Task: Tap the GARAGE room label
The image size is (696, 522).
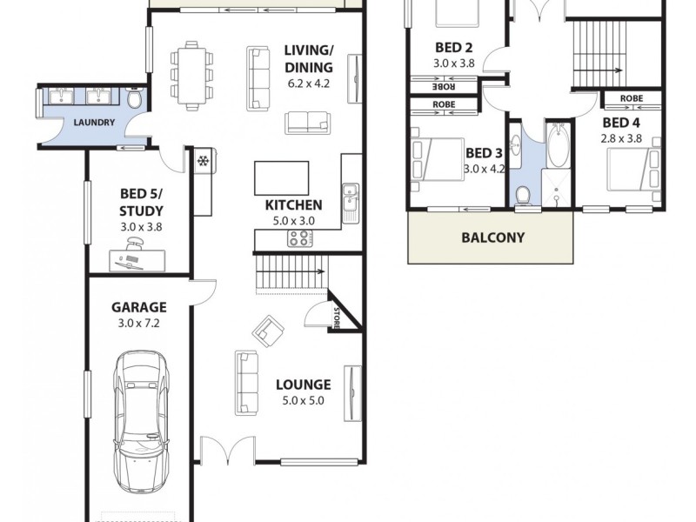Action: click(139, 307)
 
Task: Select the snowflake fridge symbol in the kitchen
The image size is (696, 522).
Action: click(202, 162)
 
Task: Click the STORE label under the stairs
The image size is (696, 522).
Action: click(336, 318)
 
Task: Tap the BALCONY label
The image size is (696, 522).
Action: click(492, 237)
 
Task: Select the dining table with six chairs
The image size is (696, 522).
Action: click(191, 74)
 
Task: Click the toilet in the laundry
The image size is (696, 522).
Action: click(134, 100)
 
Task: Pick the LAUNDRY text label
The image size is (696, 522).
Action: click(94, 123)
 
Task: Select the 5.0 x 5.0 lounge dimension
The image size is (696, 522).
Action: click(303, 401)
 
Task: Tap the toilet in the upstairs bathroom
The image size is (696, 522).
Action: click(522, 196)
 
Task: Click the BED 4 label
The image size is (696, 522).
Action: click(621, 122)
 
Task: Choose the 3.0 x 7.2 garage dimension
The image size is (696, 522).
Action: click(139, 323)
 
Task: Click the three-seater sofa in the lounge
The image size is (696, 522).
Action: click(247, 382)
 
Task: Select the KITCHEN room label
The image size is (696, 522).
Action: click(294, 205)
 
